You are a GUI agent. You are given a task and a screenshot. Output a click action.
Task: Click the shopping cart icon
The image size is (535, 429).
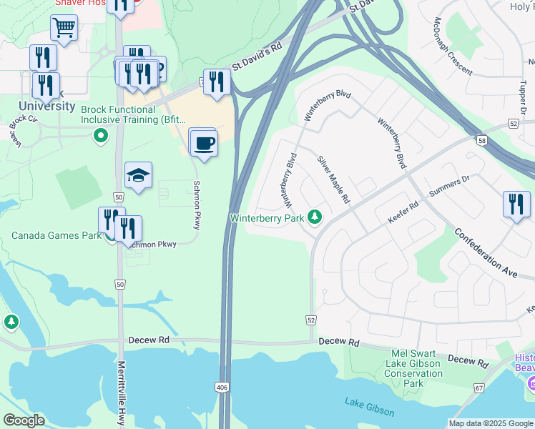[64, 29]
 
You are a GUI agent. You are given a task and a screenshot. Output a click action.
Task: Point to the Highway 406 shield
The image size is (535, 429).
[222, 387]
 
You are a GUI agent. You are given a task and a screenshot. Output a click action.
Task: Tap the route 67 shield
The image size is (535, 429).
[477, 388]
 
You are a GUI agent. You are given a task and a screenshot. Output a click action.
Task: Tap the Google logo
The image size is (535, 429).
[24, 420]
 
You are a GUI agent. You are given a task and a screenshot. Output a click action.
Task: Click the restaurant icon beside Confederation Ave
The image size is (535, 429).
[515, 204]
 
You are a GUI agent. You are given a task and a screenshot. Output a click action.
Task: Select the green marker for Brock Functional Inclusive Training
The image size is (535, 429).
[101, 134]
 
